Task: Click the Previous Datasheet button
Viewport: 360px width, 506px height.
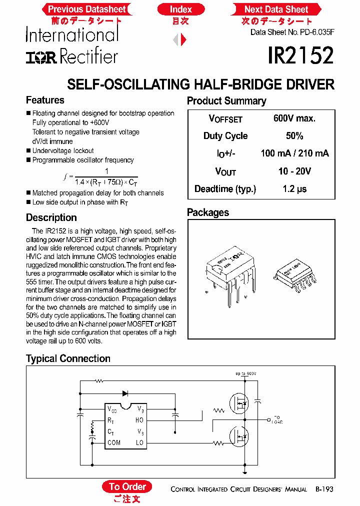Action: click(87, 9)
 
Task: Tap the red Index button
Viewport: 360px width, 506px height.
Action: click(180, 9)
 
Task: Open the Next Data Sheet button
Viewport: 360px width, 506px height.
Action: click(276, 9)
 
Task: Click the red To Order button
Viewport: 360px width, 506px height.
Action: click(127, 486)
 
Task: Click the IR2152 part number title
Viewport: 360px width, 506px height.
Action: click(300, 55)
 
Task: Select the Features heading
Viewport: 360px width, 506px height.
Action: click(45, 100)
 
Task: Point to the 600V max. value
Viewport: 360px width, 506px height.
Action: click(294, 118)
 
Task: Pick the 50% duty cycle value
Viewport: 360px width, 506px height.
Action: click(294, 136)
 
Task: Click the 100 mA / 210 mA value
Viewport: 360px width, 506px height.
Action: click(294, 153)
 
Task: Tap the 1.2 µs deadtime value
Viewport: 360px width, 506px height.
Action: click(294, 189)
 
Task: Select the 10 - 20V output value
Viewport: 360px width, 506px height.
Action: click(294, 171)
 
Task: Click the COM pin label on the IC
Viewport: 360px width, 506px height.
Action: click(114, 442)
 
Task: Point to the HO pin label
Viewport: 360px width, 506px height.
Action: click(139, 420)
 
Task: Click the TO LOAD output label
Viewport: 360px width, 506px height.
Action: click(277, 420)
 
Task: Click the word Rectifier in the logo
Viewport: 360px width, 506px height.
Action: click(89, 56)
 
